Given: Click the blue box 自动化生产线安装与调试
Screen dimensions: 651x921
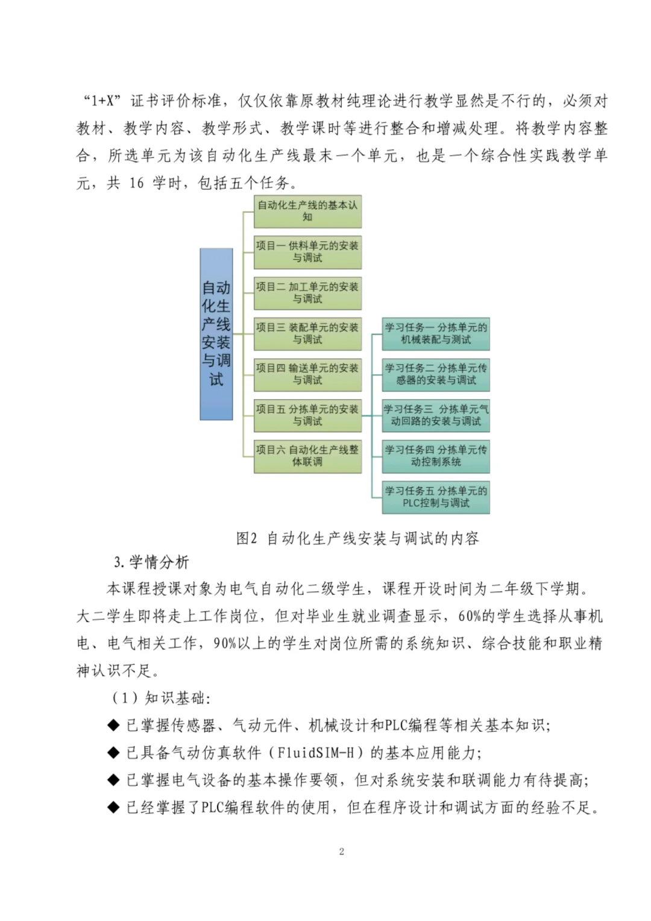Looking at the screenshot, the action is (216, 334).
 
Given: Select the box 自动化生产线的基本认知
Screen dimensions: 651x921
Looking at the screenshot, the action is (307, 211).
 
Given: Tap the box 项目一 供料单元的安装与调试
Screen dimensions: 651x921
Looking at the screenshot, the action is (307, 252).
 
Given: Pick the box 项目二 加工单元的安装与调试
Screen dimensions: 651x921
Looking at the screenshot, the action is (307, 293).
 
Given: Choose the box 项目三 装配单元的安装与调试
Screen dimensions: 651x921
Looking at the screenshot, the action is (307, 334).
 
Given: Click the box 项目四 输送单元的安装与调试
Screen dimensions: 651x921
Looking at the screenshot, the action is (307, 374).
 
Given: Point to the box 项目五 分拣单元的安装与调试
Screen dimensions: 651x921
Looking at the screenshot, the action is (307, 415).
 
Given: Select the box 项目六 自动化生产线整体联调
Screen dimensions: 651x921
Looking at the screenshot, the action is (307, 456).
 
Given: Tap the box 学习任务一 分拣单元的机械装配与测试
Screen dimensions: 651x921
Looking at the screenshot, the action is (436, 334).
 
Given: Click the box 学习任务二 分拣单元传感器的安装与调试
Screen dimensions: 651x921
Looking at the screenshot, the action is (436, 374).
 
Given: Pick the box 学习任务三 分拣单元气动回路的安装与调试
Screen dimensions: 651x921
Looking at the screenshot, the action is (436, 415).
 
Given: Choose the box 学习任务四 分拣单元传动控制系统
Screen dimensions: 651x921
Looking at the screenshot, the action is (436, 456).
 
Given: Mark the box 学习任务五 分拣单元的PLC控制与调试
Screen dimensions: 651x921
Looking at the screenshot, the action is (436, 497).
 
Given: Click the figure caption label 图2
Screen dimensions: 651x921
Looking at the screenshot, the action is (247, 538).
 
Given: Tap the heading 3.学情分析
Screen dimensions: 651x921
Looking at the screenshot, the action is (151, 562).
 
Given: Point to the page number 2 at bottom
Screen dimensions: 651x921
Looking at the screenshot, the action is (342, 852).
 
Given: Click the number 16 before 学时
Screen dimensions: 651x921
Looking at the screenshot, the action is (136, 183).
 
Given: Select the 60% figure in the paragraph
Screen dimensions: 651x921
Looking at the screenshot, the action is (470, 616).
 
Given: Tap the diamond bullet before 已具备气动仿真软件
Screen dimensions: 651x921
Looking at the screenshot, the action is (113, 753).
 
